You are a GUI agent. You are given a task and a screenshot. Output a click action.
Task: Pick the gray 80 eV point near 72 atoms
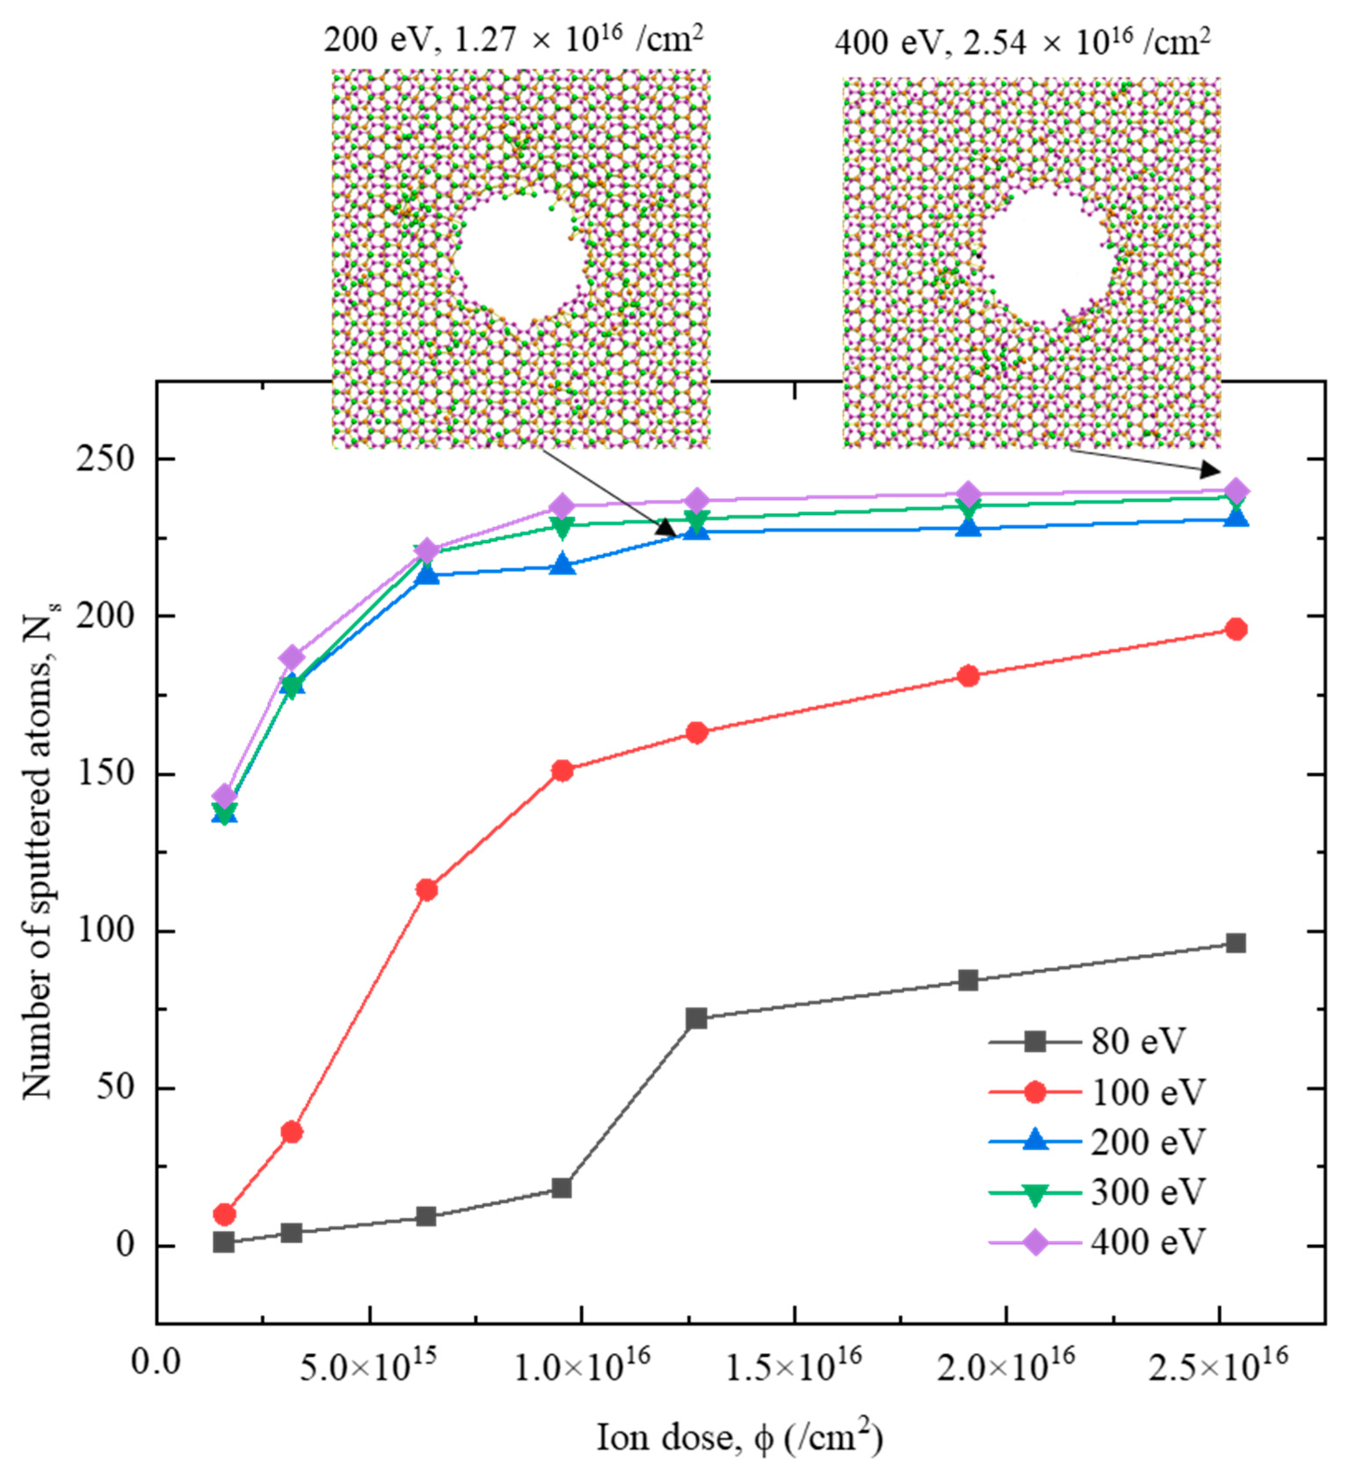pos(696,1019)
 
